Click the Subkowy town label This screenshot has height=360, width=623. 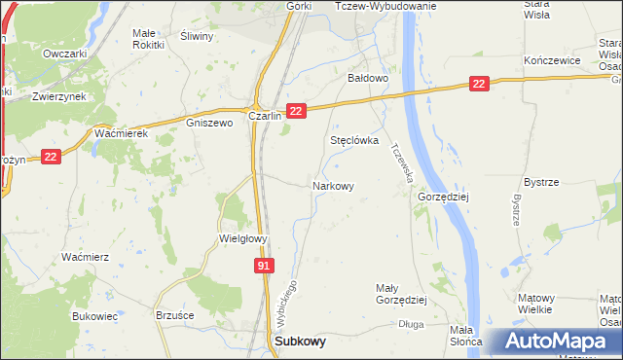(x=301, y=342)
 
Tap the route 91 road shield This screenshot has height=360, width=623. (x=266, y=266)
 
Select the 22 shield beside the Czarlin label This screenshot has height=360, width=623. (x=298, y=113)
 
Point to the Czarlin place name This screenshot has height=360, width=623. (x=265, y=115)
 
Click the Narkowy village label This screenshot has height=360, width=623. (x=332, y=185)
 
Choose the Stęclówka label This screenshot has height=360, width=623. (x=353, y=140)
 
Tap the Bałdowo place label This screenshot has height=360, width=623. (x=369, y=77)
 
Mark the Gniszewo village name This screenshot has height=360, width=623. (x=210, y=124)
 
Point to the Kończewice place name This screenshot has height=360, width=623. (x=552, y=60)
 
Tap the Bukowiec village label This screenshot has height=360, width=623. (x=94, y=316)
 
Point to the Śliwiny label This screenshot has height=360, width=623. (x=198, y=34)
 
